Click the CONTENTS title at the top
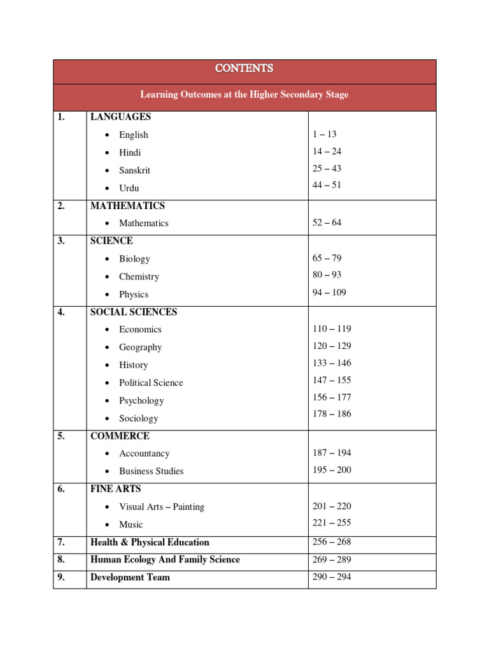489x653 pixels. (244, 68)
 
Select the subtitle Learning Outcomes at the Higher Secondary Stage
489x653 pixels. (244, 94)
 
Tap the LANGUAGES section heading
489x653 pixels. (120, 117)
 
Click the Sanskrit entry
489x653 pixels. (134, 170)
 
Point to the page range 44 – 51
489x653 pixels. (327, 185)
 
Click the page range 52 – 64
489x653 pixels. (327, 223)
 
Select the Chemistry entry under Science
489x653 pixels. (139, 277)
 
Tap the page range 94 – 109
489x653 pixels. (329, 292)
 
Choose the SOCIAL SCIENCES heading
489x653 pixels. (134, 312)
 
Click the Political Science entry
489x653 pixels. (151, 383)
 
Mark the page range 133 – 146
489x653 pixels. (332, 363)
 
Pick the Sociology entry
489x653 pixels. (138, 418)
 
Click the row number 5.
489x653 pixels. (61, 436)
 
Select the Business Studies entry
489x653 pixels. (151, 471)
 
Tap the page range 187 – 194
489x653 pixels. (332, 453)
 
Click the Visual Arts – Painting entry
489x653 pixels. (162, 507)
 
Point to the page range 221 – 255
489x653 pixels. (332, 522)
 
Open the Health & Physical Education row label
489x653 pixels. (150, 542)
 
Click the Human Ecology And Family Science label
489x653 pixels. (165, 559)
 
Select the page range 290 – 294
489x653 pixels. (332, 576)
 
